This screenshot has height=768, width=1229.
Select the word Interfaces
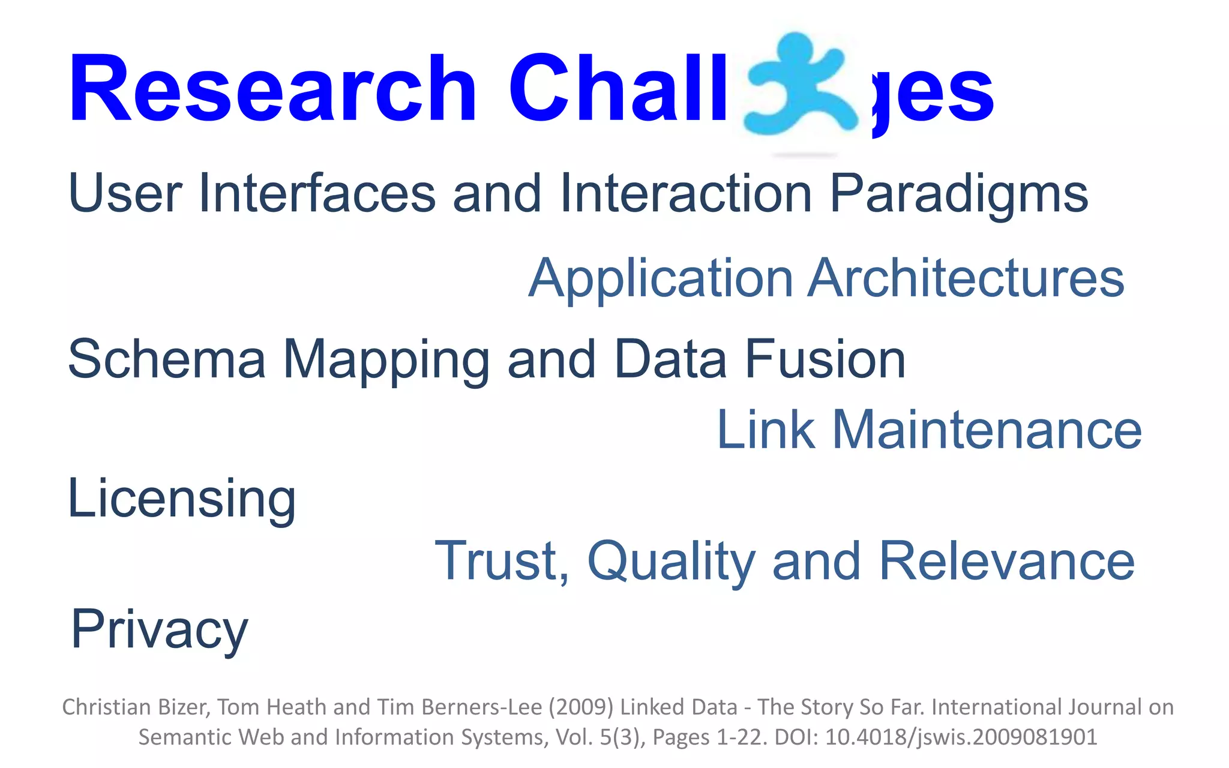click(x=317, y=193)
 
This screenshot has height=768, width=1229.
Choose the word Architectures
click(x=966, y=278)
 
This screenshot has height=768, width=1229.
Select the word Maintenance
click(x=987, y=430)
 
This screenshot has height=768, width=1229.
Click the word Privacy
click(x=159, y=630)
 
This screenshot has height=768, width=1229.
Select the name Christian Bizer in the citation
click(x=136, y=707)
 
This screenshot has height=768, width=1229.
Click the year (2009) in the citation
click(x=580, y=707)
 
